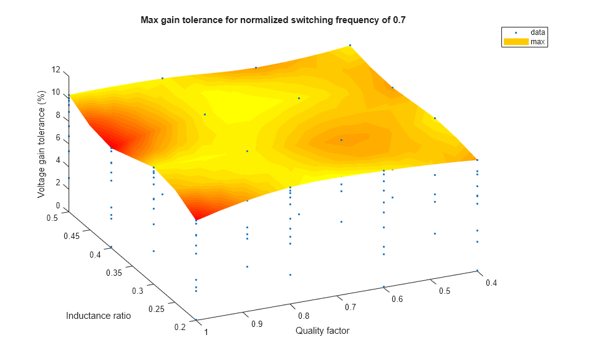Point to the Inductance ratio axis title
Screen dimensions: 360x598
pos(99,316)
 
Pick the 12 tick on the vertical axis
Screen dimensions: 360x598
pos(56,70)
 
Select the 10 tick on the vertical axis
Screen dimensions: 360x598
pos(56,92)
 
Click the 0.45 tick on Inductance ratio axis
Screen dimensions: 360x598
pos(72,237)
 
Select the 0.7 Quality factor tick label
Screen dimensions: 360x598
pos(351,307)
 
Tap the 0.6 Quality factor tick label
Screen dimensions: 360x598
pos(397,299)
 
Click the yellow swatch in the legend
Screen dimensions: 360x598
pos(514,42)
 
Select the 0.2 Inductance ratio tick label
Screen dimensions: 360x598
pos(179,328)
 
